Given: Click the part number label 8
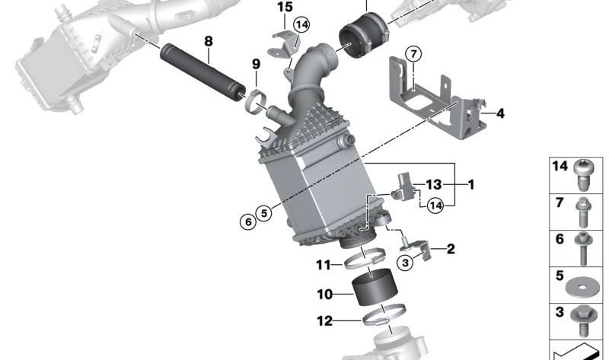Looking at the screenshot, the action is [209, 41].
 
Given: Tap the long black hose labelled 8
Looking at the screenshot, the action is [202, 73].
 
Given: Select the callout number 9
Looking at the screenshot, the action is [256, 64].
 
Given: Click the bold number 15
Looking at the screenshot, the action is [285, 7].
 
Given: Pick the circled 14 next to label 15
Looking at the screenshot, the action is [301, 25].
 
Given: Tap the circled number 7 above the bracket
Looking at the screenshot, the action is [413, 54].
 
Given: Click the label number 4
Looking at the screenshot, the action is [500, 113].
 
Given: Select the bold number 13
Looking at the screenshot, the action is [433, 184].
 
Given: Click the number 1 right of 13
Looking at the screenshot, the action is [471, 184].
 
